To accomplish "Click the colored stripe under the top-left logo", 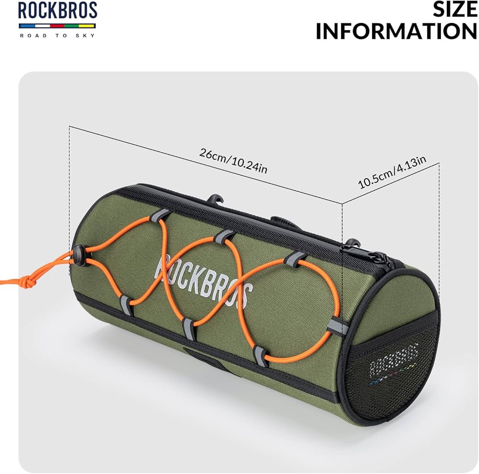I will click(x=57, y=25).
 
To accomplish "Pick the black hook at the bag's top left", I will click(x=216, y=198).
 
